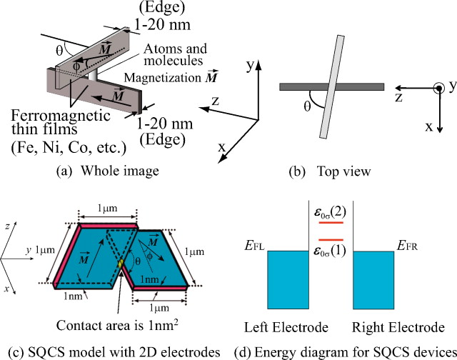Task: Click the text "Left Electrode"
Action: pos(285,329)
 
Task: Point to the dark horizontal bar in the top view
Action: pos(332,86)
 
